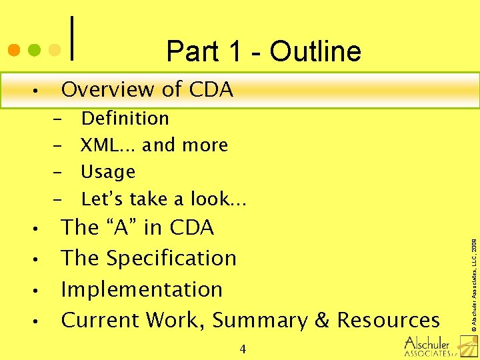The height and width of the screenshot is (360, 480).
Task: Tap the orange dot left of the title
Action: click(x=13, y=50)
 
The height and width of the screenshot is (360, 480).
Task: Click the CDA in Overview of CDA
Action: click(x=211, y=89)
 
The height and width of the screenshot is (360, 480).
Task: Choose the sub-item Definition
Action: click(x=125, y=119)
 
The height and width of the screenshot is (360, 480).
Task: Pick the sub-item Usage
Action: click(x=108, y=172)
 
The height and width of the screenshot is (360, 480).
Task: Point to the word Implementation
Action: click(x=141, y=289)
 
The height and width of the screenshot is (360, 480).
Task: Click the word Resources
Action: click(x=388, y=320)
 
